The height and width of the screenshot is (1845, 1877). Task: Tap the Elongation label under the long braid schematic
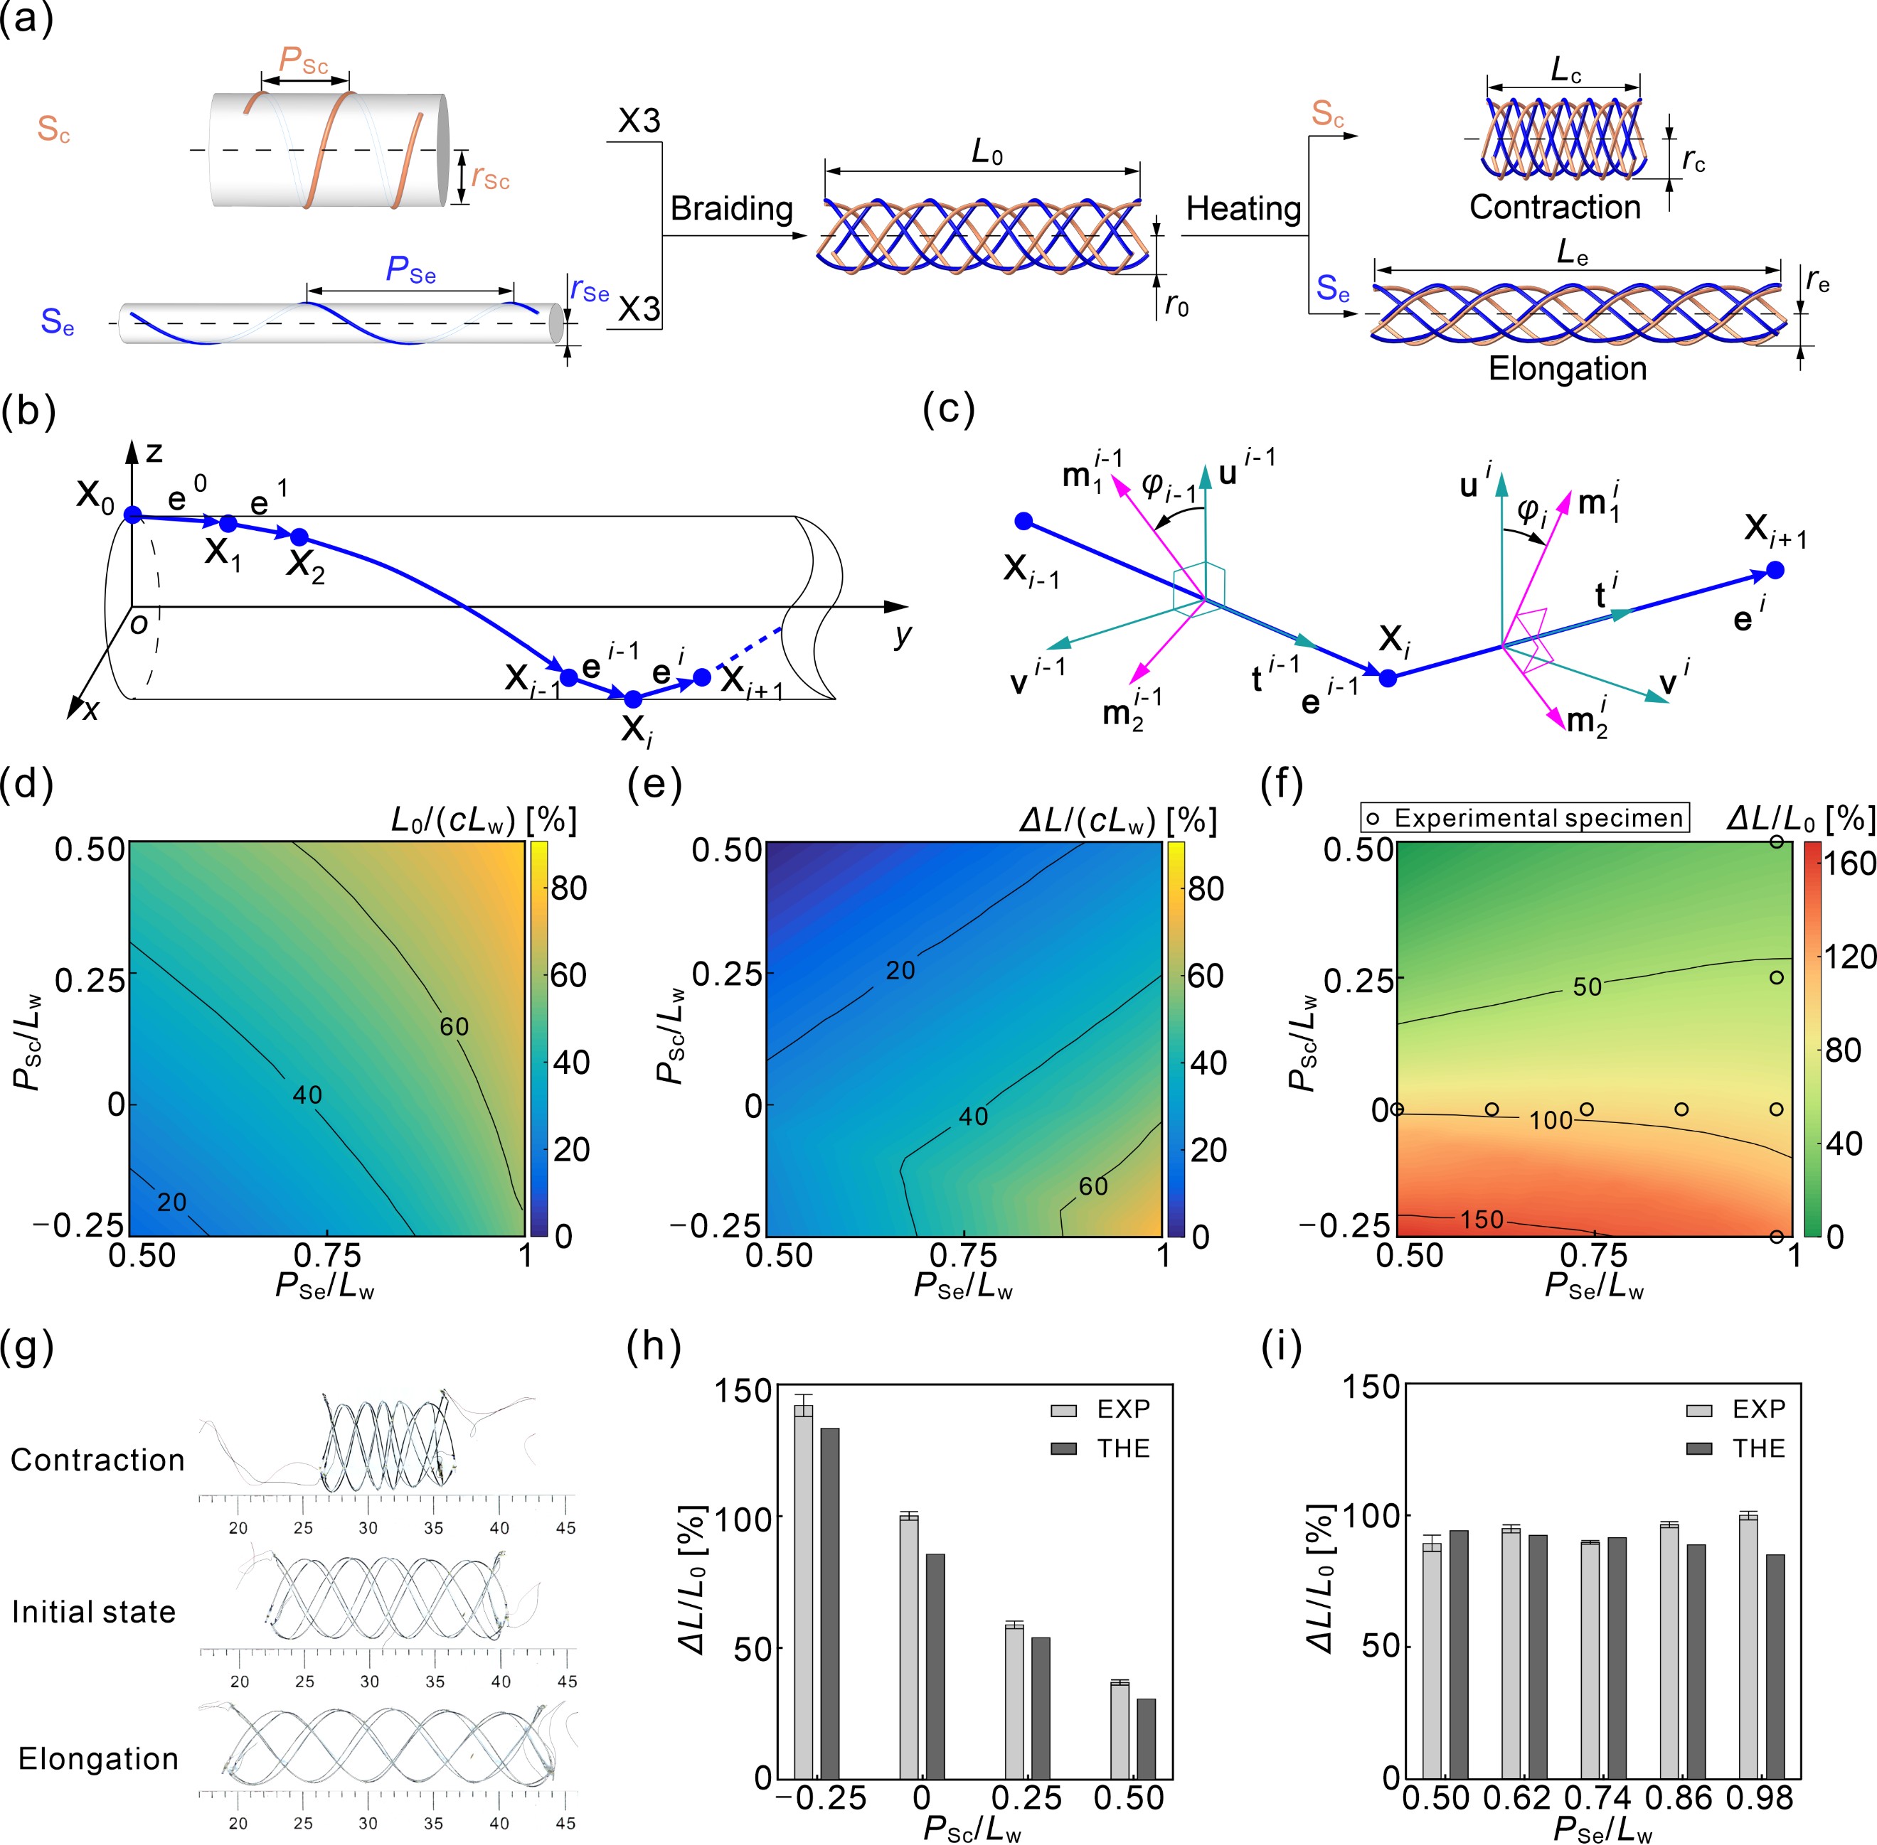1567,369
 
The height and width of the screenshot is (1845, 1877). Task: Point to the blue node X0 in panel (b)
133,515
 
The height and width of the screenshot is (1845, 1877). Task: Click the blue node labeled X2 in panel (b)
299,537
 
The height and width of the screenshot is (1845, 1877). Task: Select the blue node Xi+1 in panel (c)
1775,570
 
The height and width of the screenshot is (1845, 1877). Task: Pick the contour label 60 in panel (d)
454,1026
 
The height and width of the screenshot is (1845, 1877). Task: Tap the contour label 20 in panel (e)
900,970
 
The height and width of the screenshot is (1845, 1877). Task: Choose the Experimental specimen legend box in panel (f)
1525,818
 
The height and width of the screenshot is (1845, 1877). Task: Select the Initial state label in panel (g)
94,1611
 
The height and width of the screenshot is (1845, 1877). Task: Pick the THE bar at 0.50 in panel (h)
1145,1738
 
